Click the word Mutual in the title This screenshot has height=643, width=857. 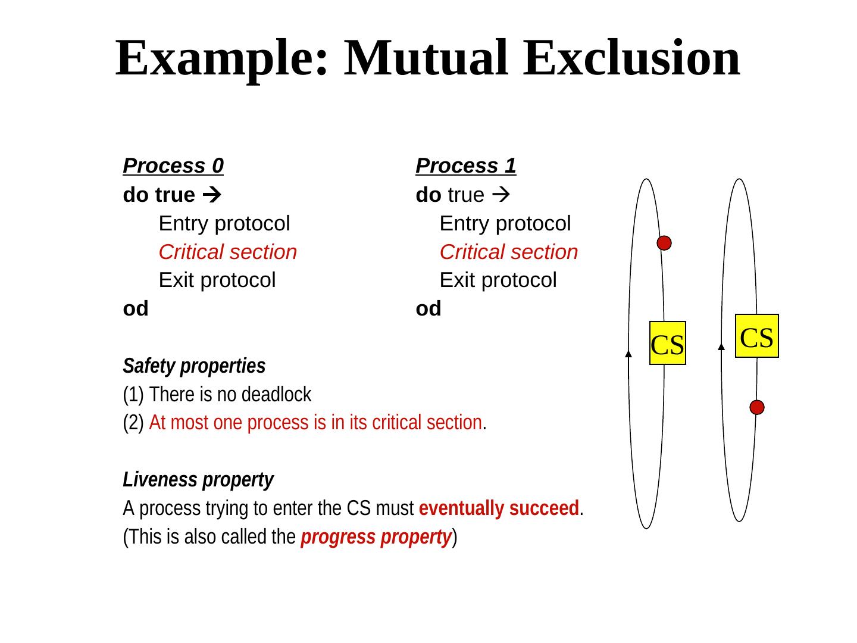click(x=426, y=58)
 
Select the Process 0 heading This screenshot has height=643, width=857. click(x=173, y=166)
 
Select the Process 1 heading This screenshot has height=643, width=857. click(x=465, y=166)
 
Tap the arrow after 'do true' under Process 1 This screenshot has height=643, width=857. click(x=502, y=195)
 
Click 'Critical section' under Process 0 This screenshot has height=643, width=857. click(x=227, y=252)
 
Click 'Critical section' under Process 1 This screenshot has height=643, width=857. click(x=509, y=252)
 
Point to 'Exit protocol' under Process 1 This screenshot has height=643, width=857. click(x=498, y=280)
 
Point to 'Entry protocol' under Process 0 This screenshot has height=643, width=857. click(x=224, y=223)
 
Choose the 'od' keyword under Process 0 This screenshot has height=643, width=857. click(x=136, y=308)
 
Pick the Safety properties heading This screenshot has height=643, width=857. click(x=194, y=366)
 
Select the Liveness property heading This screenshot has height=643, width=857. click(x=198, y=479)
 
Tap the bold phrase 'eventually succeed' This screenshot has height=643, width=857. click(x=499, y=508)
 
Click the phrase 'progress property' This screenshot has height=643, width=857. click(x=376, y=537)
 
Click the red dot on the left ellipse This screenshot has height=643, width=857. click(x=664, y=243)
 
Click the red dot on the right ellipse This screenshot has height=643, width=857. click(x=756, y=407)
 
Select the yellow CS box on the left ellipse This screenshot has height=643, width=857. click(x=667, y=343)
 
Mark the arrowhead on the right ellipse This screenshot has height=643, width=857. click(x=721, y=346)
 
